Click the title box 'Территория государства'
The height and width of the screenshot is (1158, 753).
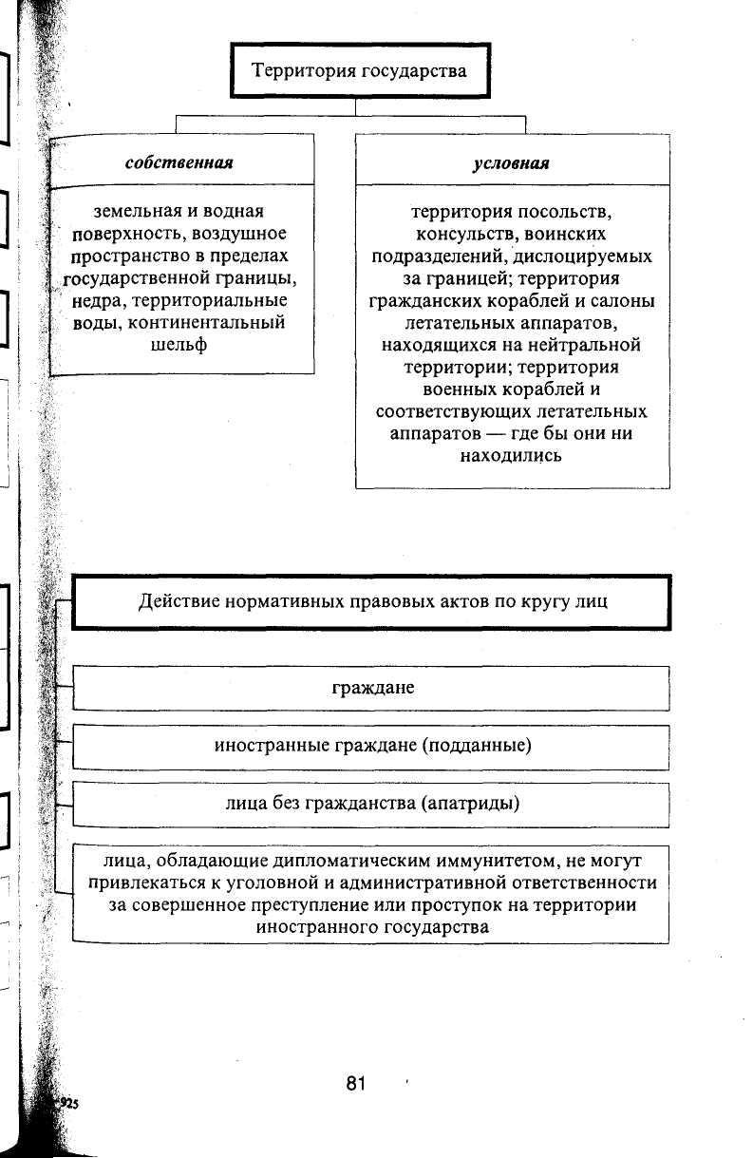point(359,70)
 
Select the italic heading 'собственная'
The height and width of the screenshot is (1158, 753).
point(179,162)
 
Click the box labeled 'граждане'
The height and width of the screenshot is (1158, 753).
point(372,687)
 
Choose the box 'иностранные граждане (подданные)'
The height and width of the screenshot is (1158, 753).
point(372,746)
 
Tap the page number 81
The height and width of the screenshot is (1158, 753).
point(356,1084)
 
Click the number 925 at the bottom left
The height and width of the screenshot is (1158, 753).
point(69,1103)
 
